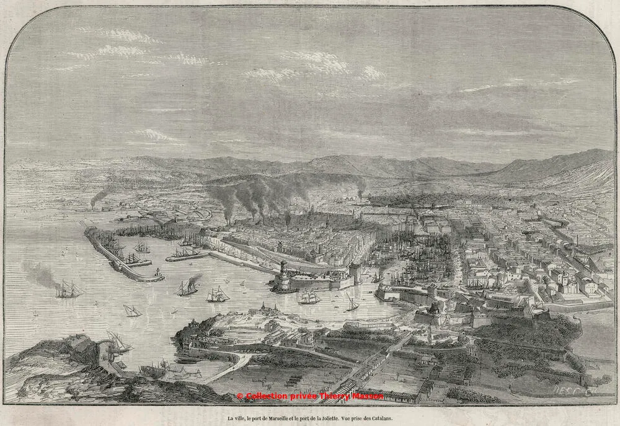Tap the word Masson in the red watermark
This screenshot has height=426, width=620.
tap(369, 396)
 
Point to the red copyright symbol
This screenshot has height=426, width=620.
tap(239, 396)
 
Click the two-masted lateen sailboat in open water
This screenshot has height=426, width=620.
tap(131, 310)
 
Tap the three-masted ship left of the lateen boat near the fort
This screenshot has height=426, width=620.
tap(308, 298)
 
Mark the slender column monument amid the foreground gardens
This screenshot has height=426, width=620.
tap(427, 335)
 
